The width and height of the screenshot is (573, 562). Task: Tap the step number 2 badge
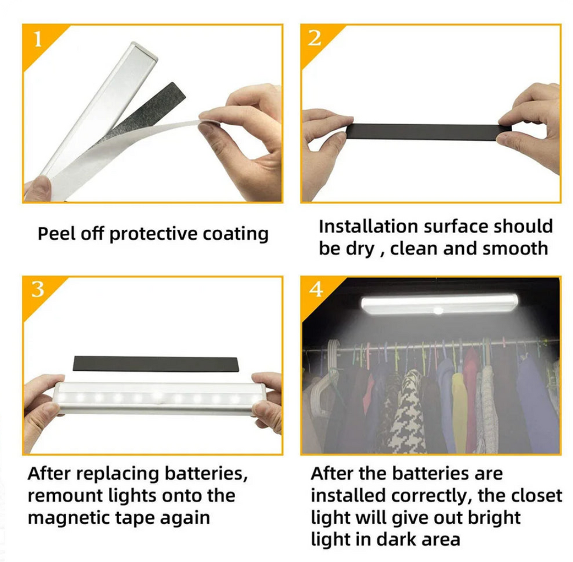[315, 39]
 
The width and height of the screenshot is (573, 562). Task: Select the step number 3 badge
[37, 290]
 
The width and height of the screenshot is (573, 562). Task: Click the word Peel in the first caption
[53, 234]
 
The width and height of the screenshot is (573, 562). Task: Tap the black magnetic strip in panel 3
[155, 363]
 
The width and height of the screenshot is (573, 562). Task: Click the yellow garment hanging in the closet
[460, 411]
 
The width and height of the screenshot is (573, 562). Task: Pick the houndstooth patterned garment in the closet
[407, 414]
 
